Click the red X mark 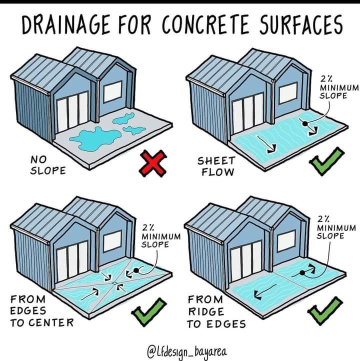tap(153, 163)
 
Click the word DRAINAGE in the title tap(65, 24)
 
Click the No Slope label tap(48, 165)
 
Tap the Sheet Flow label tap(216, 166)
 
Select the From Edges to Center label tap(42, 311)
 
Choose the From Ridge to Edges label tap(216, 311)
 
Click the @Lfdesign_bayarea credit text tap(186, 352)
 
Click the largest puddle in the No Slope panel tap(95, 139)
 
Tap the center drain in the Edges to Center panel tap(114, 283)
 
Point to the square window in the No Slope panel tap(113, 91)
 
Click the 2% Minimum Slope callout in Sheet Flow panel tap(339, 87)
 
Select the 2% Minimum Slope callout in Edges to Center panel tap(161, 236)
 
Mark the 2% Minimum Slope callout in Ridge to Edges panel tap(336, 227)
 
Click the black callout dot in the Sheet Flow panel tap(305, 123)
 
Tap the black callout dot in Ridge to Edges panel tap(302, 273)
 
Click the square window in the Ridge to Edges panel tap(286, 241)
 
